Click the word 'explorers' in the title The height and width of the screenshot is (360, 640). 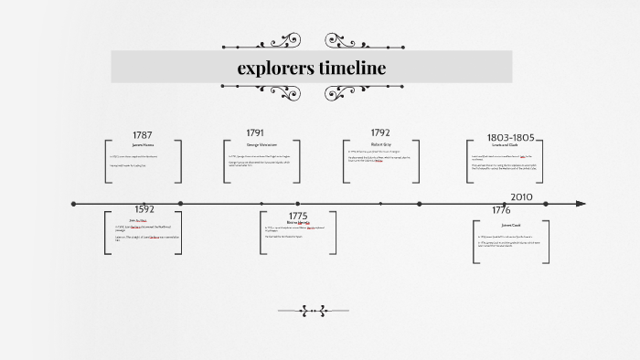click(x=275, y=68)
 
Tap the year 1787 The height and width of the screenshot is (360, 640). click(x=143, y=135)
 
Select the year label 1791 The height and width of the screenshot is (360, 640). click(x=255, y=132)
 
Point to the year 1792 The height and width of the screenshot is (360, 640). click(x=380, y=132)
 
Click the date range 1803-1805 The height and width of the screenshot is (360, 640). click(x=510, y=137)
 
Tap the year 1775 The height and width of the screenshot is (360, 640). click(x=298, y=216)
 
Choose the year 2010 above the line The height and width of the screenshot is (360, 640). click(x=521, y=196)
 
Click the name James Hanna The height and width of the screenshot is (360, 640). click(x=143, y=144)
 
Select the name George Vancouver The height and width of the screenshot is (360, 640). click(x=261, y=144)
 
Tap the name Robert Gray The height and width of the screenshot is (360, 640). click(x=381, y=144)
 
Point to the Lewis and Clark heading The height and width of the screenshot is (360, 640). click(x=509, y=146)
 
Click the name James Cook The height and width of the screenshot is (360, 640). click(x=510, y=225)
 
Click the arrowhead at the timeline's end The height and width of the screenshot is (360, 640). click(x=581, y=204)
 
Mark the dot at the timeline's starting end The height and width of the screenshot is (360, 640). click(x=74, y=204)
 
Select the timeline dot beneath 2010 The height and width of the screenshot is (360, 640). click(x=545, y=204)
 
